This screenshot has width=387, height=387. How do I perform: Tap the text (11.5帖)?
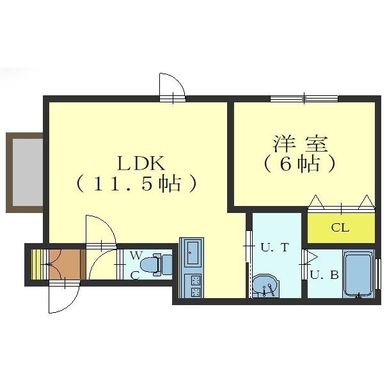136,184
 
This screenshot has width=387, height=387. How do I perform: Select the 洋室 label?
299,142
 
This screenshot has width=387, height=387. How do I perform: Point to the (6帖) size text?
299,164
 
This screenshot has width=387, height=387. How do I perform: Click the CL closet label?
340,227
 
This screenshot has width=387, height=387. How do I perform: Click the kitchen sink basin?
192,255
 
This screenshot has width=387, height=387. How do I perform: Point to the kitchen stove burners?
192,286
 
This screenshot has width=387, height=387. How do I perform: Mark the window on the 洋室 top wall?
304,98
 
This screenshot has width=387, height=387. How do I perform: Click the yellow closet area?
340,228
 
